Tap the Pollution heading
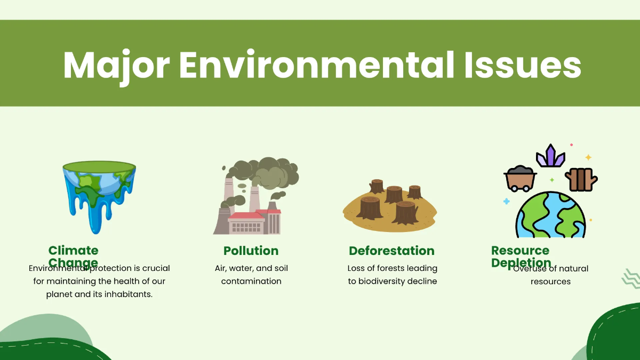coord(251,251)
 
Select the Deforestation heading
coord(391,251)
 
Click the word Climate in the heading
coord(73,251)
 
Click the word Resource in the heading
coord(520,250)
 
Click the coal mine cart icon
coord(519,178)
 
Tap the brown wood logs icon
coord(581,179)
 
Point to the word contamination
coord(251,281)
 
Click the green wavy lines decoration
coord(631,278)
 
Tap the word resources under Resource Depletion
coord(550,282)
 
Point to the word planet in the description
coord(59,294)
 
